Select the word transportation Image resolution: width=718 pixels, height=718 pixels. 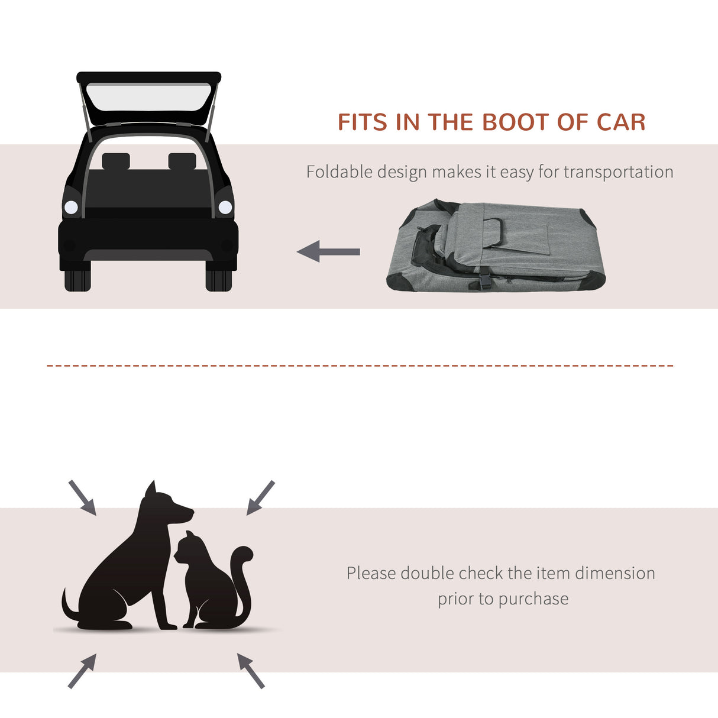618,172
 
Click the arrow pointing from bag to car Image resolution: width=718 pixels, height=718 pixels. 328,251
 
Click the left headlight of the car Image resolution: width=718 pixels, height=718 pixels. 71,207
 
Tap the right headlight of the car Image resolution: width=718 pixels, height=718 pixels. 225,207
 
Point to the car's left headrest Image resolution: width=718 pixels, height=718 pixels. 115,161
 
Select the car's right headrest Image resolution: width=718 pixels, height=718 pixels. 182,161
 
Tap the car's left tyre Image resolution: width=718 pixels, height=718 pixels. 77,280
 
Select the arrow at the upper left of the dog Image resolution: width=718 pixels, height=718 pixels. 82,497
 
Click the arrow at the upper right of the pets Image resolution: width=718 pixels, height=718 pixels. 260,497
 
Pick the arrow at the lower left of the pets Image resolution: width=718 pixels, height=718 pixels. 82,671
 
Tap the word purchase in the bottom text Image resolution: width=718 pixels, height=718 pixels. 533,599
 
